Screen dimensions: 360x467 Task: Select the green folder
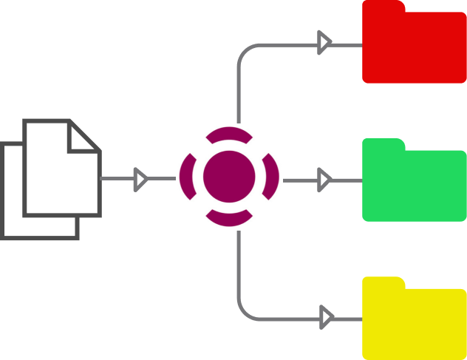pos(414,185)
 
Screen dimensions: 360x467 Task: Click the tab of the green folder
pos(384,144)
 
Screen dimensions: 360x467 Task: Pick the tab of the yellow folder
pos(384,282)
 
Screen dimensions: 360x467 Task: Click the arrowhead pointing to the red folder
pos(324,43)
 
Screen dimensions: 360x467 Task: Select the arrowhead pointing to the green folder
pos(324,179)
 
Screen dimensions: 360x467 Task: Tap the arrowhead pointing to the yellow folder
pos(325,318)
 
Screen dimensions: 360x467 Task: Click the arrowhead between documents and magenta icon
pos(140,179)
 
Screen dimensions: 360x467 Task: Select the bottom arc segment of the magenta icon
pos(228,218)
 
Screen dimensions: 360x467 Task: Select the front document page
pos(59,174)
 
